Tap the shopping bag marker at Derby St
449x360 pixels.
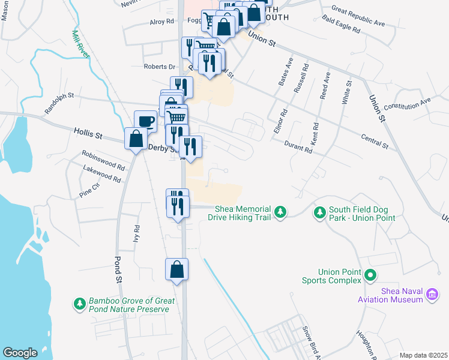(x=136, y=139)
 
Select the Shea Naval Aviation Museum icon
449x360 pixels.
(x=431, y=295)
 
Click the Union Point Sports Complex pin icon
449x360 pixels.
(x=370, y=275)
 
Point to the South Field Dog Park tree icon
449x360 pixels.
(x=319, y=212)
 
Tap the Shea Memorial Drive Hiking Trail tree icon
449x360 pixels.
(x=280, y=212)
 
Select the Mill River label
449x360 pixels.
(x=80, y=44)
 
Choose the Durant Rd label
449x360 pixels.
(x=299, y=146)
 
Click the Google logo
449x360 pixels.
(x=20, y=353)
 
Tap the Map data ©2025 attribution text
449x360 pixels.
(x=423, y=355)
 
